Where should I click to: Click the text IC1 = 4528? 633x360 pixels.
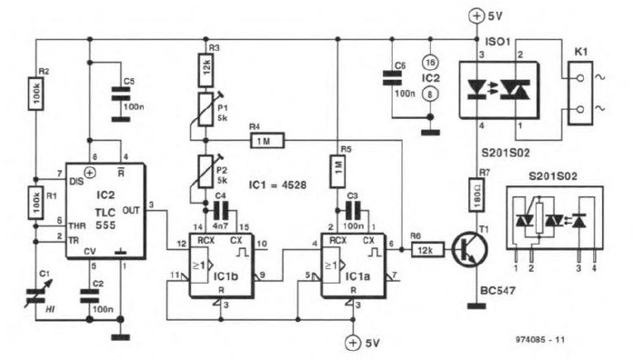(x=277, y=184)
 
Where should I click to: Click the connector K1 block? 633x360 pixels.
(x=578, y=91)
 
